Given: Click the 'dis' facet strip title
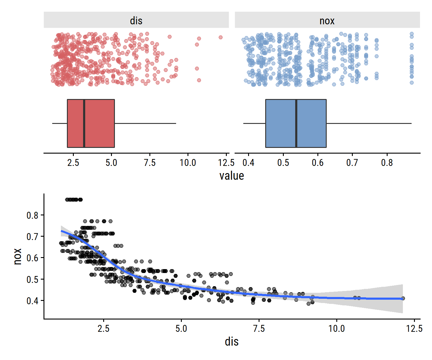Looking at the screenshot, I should [136, 21].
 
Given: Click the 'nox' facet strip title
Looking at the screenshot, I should [327, 21].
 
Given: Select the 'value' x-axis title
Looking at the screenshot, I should [231, 176].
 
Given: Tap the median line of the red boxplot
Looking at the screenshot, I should [84, 123].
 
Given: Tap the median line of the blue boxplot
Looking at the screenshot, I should [296, 123].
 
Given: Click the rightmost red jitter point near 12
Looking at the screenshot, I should [220, 37].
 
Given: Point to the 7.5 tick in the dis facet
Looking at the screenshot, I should [150, 163].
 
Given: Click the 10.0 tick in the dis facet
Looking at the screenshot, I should [188, 163].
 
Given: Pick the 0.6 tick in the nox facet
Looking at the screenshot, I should [318, 163].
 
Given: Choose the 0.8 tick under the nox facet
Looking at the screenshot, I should [387, 163].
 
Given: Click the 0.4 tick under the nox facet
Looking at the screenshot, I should [248, 163].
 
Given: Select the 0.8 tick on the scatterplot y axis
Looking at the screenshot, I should [32, 215].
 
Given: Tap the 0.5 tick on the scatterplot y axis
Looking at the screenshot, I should [32, 280].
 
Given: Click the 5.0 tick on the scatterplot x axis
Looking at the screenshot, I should [181, 328].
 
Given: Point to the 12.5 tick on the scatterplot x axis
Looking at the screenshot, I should [414, 328].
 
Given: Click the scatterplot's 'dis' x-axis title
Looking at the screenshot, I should [231, 342].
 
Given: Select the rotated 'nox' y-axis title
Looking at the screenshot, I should [18, 256].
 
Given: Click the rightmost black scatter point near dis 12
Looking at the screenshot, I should [403, 298].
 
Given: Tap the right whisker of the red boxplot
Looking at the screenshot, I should [145, 123].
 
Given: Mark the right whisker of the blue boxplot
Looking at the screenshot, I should [369, 123].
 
